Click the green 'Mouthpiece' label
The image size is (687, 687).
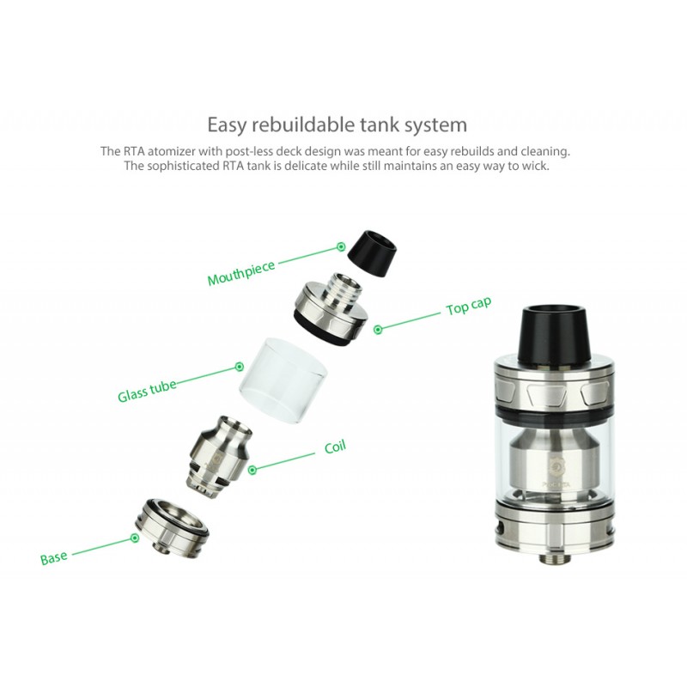click(x=241, y=272)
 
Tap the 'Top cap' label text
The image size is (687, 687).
click(x=468, y=306)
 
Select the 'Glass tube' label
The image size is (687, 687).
click(x=147, y=390)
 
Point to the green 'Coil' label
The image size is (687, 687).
click(x=335, y=447)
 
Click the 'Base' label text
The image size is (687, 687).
click(x=54, y=557)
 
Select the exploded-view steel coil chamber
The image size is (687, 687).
click(x=221, y=457)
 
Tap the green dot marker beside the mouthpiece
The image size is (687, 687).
click(x=341, y=247)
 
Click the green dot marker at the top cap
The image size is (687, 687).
click(x=378, y=329)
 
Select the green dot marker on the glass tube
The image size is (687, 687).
click(x=240, y=367)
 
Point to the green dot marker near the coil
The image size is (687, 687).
click(x=252, y=470)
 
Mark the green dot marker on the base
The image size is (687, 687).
click(x=136, y=538)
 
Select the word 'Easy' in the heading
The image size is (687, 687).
click(x=226, y=125)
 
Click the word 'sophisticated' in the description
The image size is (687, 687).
click(x=184, y=166)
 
